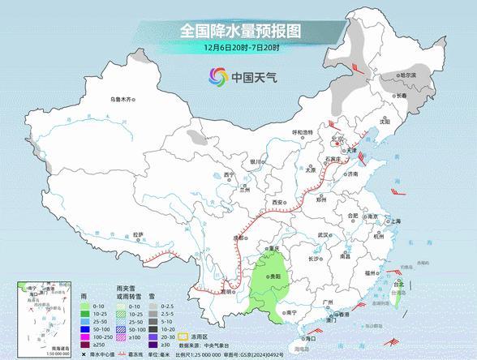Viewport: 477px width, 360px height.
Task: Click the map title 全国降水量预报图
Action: pyautogui.click(x=239, y=32)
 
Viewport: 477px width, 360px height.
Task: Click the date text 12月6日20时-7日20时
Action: pyautogui.click(x=239, y=48)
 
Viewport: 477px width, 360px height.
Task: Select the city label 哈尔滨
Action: pyautogui.click(x=406, y=75)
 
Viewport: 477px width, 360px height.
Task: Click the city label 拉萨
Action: pyautogui.click(x=138, y=234)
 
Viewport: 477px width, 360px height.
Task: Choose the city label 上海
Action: pyautogui.click(x=395, y=221)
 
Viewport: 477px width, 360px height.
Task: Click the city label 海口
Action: pyautogui.click(x=310, y=336)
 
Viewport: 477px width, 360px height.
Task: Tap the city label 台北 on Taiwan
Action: pyautogui.click(x=398, y=285)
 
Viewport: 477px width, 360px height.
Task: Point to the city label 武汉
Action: pyautogui.click(x=324, y=234)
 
